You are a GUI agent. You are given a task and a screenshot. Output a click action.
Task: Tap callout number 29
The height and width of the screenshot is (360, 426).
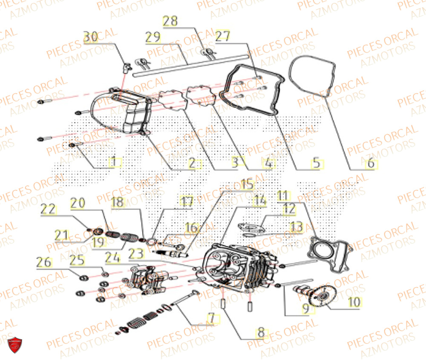pyautogui.click(x=152, y=37)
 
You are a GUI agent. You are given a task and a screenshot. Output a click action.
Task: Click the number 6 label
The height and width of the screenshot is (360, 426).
pyautogui.click(x=370, y=162)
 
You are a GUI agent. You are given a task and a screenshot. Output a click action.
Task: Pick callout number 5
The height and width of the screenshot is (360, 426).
pyautogui.click(x=316, y=162)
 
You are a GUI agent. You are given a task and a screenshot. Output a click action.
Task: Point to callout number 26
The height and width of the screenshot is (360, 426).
pyautogui.click(x=46, y=262)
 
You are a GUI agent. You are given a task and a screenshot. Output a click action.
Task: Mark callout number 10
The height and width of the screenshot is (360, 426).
pyautogui.click(x=354, y=302)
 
